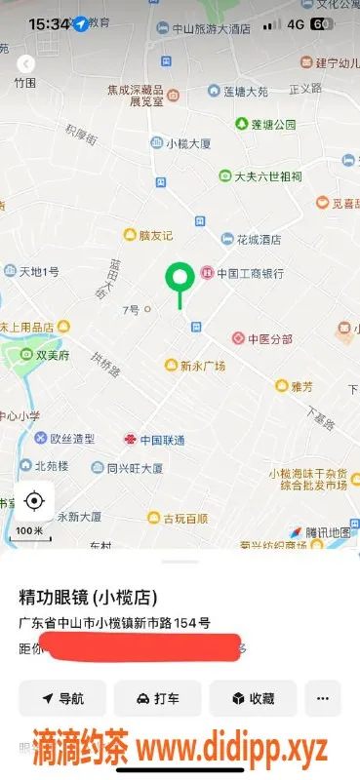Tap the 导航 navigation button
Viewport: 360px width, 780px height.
pos(62,698)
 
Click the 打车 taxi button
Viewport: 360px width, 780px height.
pos(157,698)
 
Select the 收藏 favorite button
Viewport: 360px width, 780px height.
pos(253,698)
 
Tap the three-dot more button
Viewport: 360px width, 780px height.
pos(323,698)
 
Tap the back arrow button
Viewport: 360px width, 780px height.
pos(26,63)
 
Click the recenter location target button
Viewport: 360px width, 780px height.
pos(34,501)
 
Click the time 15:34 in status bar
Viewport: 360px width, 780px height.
pos(49,22)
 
